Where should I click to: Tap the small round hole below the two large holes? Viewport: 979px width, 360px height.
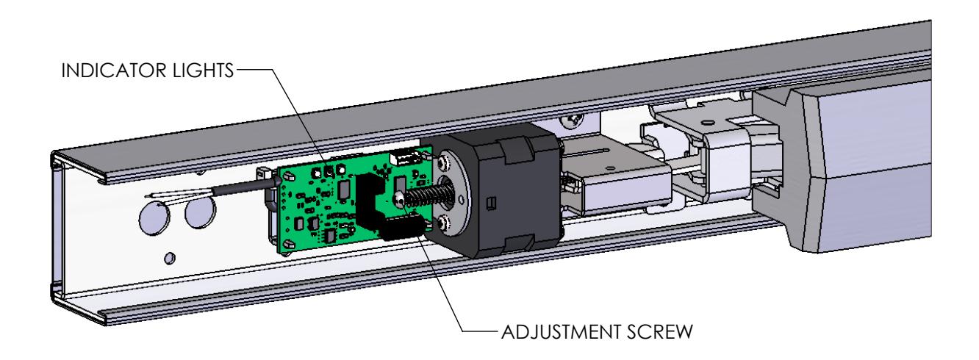pyautogui.click(x=170, y=257)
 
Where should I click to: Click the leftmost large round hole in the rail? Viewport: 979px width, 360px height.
pyautogui.click(x=151, y=217)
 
